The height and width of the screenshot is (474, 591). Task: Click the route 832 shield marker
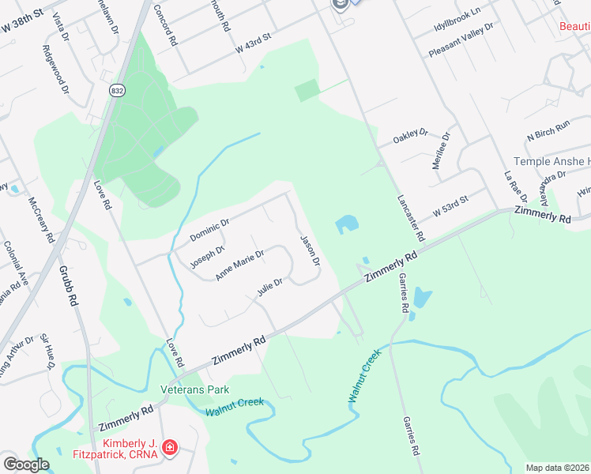(118, 91)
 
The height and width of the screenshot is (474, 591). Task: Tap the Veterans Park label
(194, 389)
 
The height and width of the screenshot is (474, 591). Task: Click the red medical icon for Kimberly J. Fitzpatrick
(169, 448)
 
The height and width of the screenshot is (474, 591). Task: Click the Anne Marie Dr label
(239, 265)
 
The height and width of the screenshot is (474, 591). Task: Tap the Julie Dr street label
(269, 288)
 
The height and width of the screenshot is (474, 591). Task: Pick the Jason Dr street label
(310, 250)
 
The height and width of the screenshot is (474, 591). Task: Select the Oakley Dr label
(410, 137)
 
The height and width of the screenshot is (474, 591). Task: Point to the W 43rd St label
(252, 43)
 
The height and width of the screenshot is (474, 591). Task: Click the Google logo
(26, 465)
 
